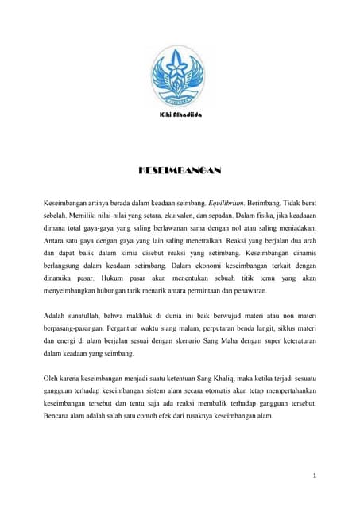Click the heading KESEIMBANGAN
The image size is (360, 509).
pos(180,171)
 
